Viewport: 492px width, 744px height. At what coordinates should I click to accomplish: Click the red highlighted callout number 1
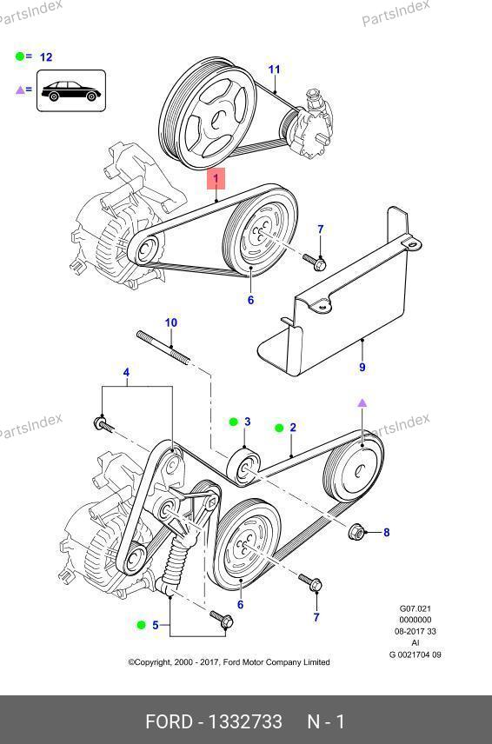[216, 178]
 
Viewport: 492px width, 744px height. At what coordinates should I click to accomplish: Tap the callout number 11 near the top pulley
[274, 70]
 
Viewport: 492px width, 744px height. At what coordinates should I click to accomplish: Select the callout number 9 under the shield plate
[362, 367]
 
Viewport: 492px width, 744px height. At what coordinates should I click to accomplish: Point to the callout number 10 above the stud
[170, 322]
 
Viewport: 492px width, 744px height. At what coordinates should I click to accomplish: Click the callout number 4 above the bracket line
[126, 373]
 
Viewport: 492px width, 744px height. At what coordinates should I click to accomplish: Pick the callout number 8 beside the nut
[387, 533]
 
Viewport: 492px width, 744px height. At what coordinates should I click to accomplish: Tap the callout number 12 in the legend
[46, 57]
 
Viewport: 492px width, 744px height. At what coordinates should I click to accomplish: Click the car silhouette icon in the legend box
[71, 90]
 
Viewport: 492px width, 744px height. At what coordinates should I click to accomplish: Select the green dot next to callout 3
[234, 422]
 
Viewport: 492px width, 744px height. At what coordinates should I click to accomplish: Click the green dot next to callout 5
[141, 625]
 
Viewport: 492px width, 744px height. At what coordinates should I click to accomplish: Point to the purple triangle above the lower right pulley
[362, 402]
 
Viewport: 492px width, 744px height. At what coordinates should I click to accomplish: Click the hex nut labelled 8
[356, 532]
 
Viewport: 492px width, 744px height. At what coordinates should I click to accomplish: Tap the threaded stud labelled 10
[163, 348]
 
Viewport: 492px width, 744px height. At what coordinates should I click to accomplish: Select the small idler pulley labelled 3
[243, 467]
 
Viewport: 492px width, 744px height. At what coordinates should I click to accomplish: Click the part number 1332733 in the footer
[246, 721]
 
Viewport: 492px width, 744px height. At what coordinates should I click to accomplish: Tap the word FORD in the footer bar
[169, 721]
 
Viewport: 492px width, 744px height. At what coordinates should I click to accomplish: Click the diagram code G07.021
[416, 608]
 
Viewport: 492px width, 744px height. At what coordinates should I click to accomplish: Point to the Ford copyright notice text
[229, 662]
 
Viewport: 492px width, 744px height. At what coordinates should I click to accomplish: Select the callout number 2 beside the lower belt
[293, 428]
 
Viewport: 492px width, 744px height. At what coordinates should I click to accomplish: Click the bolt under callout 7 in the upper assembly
[314, 262]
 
